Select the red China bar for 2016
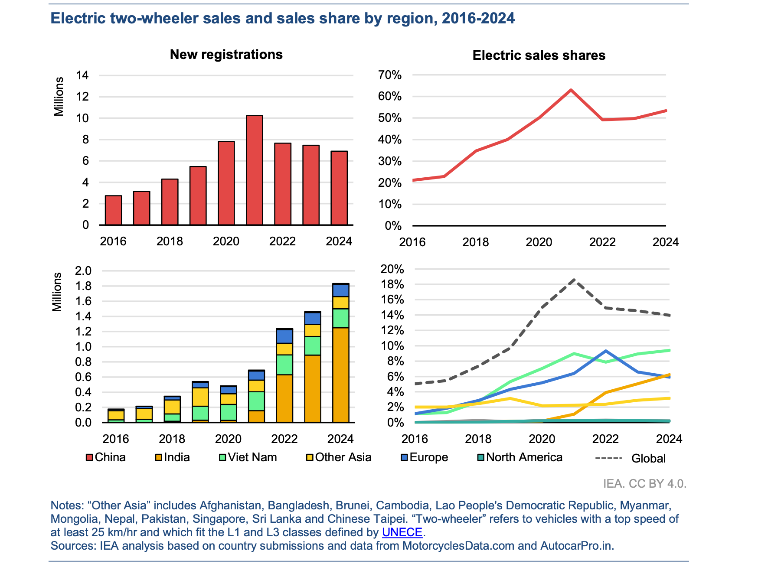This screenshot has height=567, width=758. click(114, 210)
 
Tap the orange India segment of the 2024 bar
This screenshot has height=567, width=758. click(340, 375)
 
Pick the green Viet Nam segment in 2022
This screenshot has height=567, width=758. click(284, 365)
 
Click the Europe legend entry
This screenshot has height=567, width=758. click(424, 457)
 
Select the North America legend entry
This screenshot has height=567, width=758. click(519, 457)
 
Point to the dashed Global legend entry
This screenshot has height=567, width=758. click(631, 458)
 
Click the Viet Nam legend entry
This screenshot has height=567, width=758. click(248, 457)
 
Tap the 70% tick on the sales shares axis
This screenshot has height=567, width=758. click(390, 75)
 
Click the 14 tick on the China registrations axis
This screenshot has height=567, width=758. click(82, 75)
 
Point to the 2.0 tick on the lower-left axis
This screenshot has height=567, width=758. click(83, 271)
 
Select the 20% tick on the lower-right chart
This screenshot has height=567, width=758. click(392, 269)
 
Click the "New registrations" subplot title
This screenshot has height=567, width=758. click(226, 55)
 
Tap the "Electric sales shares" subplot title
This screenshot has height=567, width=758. click(539, 55)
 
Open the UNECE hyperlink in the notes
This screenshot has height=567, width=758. click(402, 532)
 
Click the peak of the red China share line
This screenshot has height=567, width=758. click(571, 90)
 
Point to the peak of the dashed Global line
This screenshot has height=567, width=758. click(574, 280)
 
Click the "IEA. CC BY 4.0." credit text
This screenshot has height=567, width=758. click(644, 483)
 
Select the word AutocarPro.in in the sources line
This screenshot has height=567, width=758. click(576, 546)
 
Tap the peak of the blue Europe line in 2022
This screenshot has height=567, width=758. click(605, 351)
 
